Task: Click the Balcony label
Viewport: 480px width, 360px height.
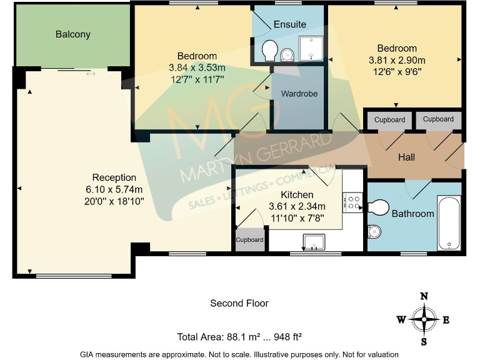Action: [x=73, y=34]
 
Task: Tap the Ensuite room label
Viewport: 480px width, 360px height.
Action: [x=290, y=24]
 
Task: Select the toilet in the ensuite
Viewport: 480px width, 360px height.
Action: [x=270, y=49]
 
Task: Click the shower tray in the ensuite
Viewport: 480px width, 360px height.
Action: [x=311, y=48]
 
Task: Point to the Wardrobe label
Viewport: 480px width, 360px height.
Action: [x=299, y=94]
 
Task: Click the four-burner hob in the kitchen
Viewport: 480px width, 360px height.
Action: [x=353, y=201]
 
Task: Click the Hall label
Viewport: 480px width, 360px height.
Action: [x=407, y=157]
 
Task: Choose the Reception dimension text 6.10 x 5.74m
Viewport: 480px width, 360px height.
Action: [x=114, y=190]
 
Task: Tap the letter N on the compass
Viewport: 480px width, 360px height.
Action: [x=424, y=296]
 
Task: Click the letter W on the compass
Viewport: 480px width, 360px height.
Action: [x=401, y=320]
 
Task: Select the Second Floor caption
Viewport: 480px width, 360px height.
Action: [x=239, y=303]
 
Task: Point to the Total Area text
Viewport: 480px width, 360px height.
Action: [x=239, y=337]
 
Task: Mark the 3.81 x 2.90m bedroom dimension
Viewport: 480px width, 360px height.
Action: [x=397, y=61]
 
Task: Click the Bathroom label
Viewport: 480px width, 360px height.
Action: [x=412, y=214]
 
